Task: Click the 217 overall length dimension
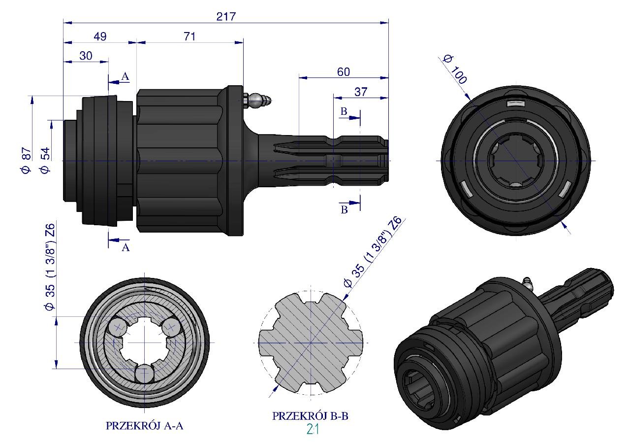point(226,16)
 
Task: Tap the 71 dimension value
point(189,36)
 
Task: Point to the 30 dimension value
point(86,56)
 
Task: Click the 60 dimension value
point(343,72)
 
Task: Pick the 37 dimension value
point(361,92)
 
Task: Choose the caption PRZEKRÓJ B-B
point(311,416)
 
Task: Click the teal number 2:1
point(313,430)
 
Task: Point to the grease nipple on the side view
point(259,100)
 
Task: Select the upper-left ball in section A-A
point(118,327)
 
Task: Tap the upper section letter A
point(125,76)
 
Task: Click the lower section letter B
point(345,210)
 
